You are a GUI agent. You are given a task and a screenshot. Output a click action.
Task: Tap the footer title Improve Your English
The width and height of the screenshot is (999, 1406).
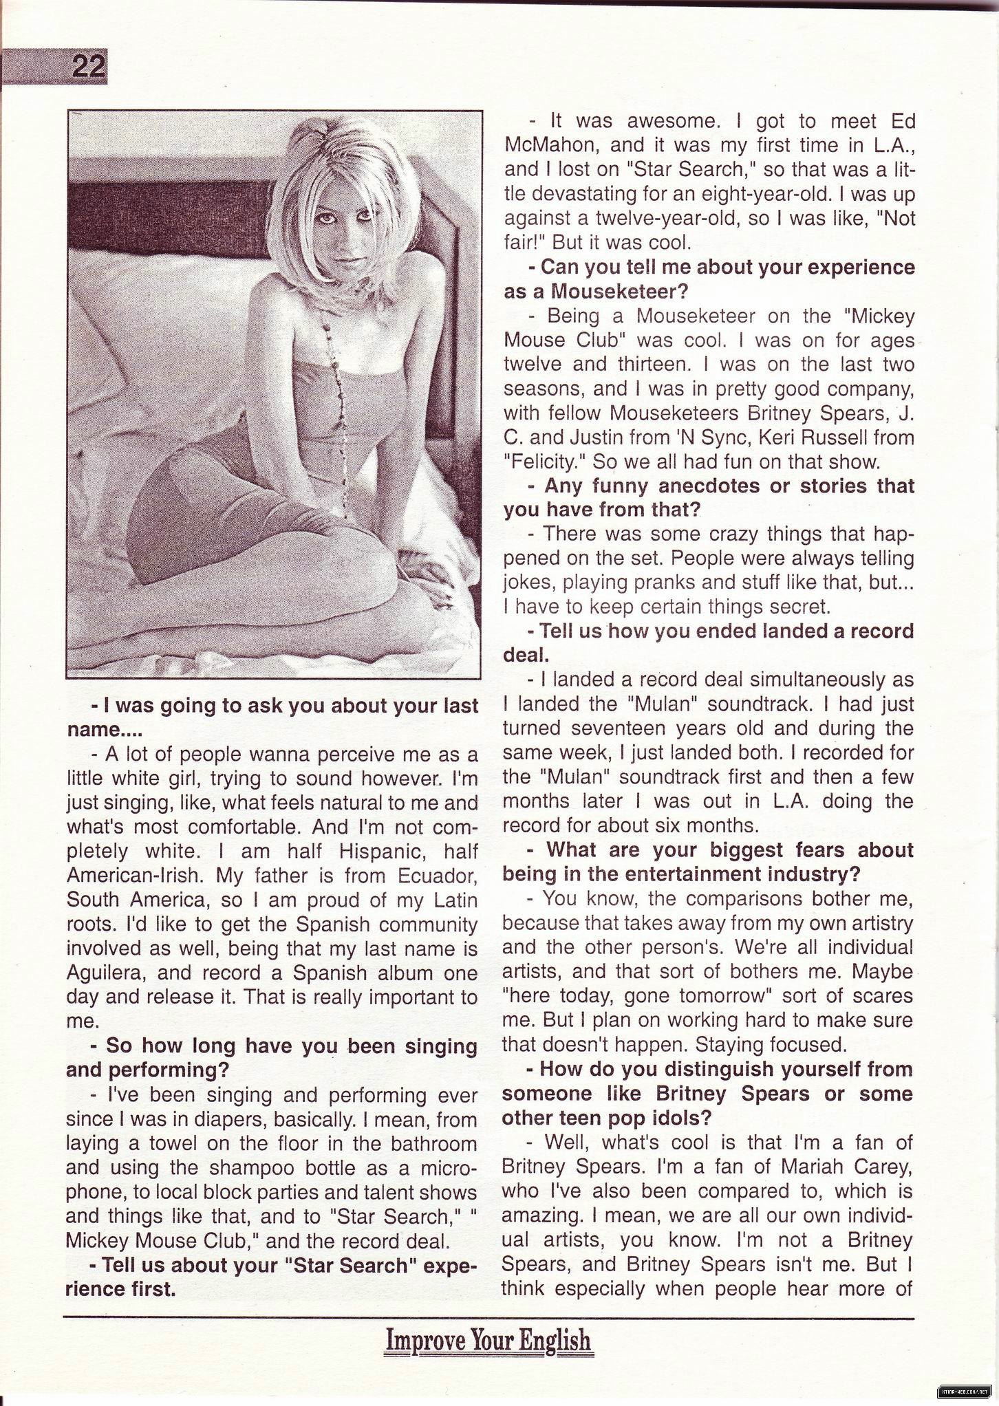(488, 1341)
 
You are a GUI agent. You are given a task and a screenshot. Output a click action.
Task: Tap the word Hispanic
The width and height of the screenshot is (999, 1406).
(373, 851)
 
